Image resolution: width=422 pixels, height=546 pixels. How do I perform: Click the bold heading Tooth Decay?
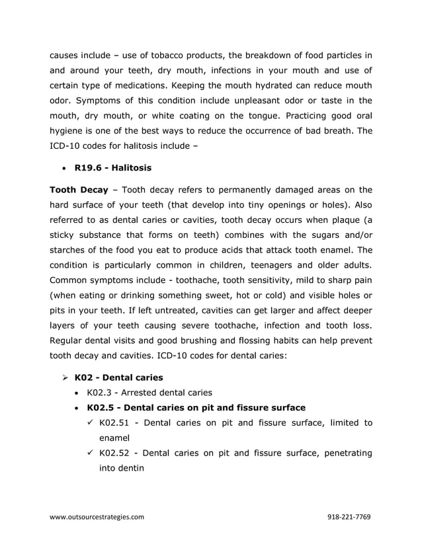(79, 189)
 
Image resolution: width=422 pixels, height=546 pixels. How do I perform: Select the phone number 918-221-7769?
(349, 516)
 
